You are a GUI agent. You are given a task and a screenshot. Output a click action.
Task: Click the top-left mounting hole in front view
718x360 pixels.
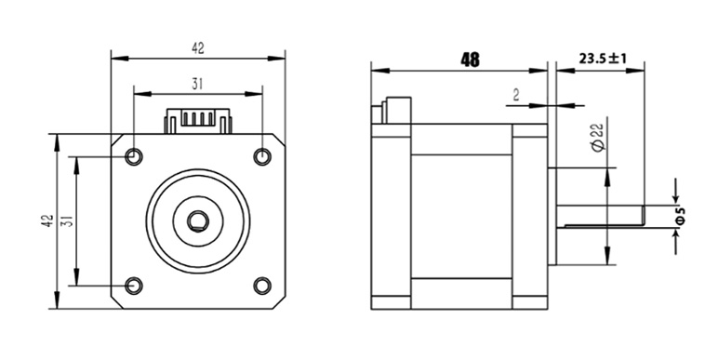134,156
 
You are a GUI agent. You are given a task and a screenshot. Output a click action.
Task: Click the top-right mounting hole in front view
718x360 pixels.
262,156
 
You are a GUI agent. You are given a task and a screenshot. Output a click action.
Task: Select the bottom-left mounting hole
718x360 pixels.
134,286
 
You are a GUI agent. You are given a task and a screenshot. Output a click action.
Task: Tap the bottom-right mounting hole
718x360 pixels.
262,286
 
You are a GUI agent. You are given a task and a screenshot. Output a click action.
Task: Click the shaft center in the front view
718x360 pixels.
198,221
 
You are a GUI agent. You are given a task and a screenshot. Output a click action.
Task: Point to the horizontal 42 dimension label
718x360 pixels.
198,48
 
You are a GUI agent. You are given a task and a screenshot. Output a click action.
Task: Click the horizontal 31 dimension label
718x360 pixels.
198,85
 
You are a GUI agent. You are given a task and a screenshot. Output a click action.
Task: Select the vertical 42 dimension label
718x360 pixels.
47,221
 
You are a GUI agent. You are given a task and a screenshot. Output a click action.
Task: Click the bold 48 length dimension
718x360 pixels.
471,60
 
